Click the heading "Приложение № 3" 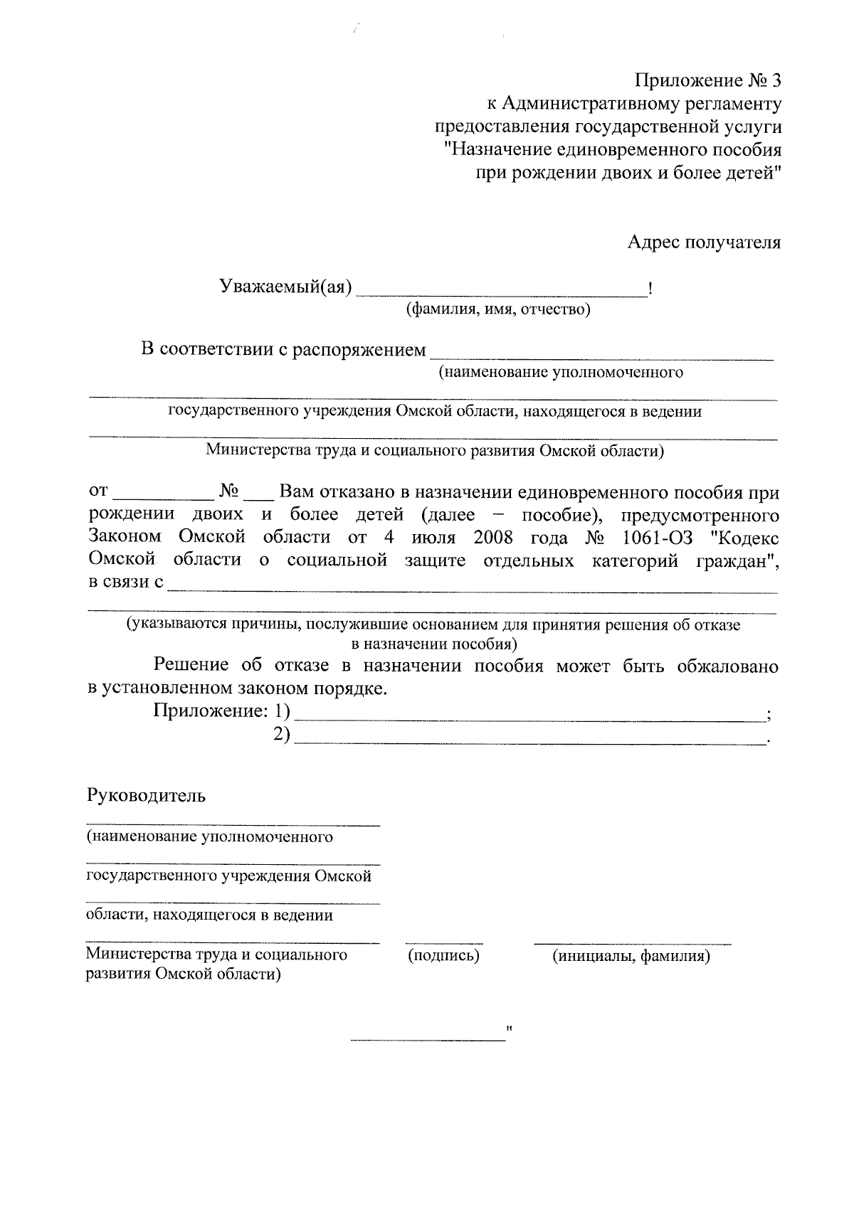pyautogui.click(x=709, y=80)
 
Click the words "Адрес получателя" pyautogui.click(x=703, y=243)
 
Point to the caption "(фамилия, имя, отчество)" pyautogui.click(x=497, y=309)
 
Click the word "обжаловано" pyautogui.click(x=727, y=666)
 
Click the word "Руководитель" pyautogui.click(x=146, y=795)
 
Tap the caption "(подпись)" pyautogui.click(x=443, y=956)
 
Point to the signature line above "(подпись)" pyautogui.click(x=443, y=943)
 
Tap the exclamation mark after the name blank pyautogui.click(x=651, y=289)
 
